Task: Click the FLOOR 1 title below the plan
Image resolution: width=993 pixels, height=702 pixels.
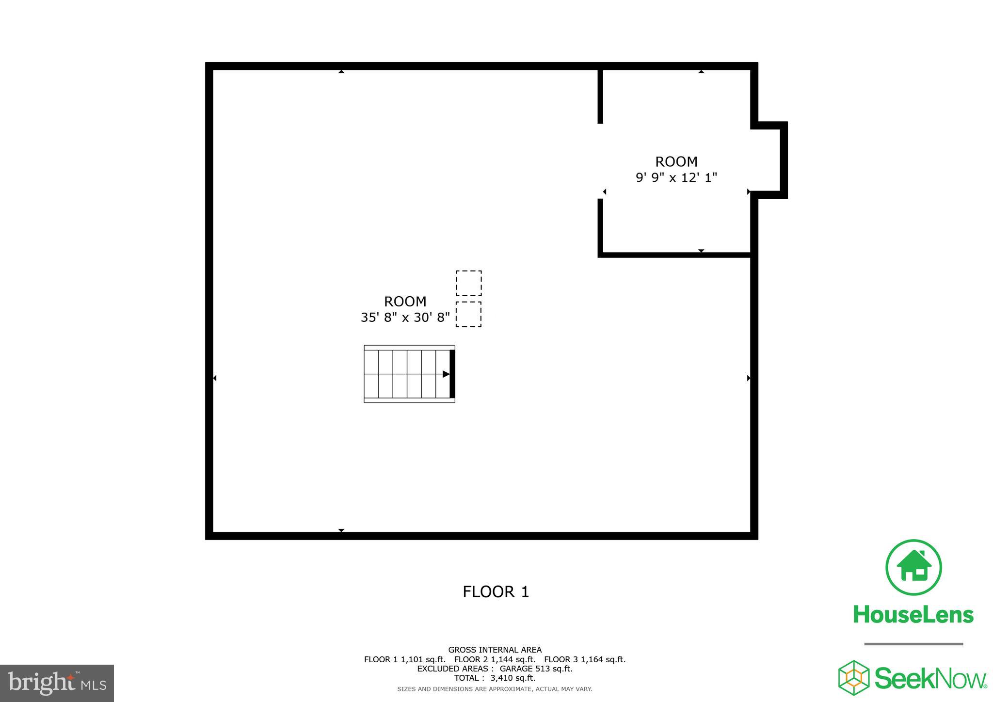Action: pos(496,591)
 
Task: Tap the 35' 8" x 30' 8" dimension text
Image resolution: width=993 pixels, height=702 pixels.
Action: pos(405,318)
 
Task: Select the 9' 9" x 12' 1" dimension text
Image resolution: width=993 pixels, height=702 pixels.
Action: pos(676,177)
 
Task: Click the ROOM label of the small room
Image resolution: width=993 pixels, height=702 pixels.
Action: pos(676,161)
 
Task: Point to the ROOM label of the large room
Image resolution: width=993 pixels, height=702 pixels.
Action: pos(405,302)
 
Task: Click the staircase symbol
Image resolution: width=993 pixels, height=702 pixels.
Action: pos(409,374)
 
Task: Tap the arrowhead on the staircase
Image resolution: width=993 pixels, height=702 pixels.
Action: pos(446,374)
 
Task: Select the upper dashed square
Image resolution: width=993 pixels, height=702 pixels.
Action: pos(469,283)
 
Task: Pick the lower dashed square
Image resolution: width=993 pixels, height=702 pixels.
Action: pos(469,314)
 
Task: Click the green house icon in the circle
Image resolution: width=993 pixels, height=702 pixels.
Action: pos(913,567)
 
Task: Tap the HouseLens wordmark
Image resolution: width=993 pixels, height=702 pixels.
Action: pos(913,615)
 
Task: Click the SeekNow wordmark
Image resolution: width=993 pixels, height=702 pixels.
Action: pos(930,678)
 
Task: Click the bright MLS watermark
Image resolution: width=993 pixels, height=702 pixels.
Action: pos(57,683)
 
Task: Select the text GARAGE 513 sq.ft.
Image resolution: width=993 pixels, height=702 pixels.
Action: pos(536,669)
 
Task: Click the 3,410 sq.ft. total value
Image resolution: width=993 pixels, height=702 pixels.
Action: pos(513,678)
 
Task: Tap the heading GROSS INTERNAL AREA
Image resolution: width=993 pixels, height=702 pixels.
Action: pos(495,650)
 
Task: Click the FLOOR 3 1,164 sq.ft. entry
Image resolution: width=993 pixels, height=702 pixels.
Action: pos(585,659)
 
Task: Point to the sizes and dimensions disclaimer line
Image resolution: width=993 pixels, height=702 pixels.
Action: pos(495,689)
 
